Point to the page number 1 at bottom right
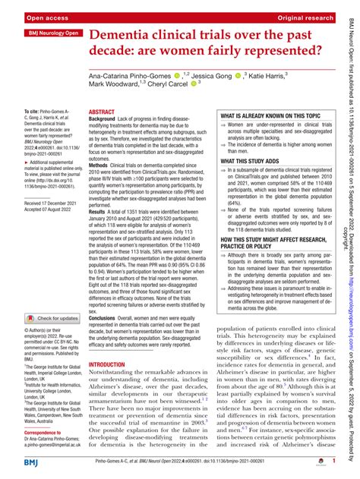click(x=333, y=460)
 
